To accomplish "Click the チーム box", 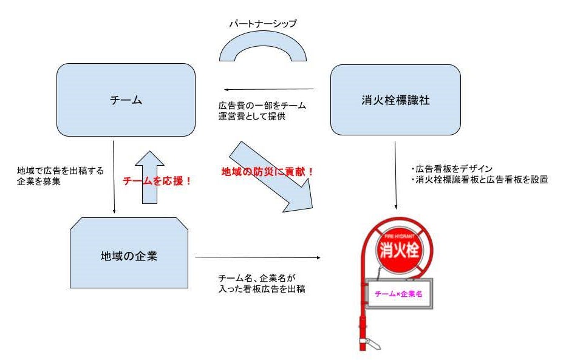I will click(126, 101).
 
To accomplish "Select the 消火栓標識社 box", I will click(395, 100).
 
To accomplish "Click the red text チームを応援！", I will click(157, 181).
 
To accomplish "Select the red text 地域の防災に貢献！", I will click(267, 172).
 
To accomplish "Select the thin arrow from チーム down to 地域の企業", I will click(114, 176).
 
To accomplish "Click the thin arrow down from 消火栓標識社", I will click(395, 176).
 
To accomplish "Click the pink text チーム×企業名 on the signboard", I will click(398, 294).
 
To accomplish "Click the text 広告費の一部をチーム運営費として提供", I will click(262, 110).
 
